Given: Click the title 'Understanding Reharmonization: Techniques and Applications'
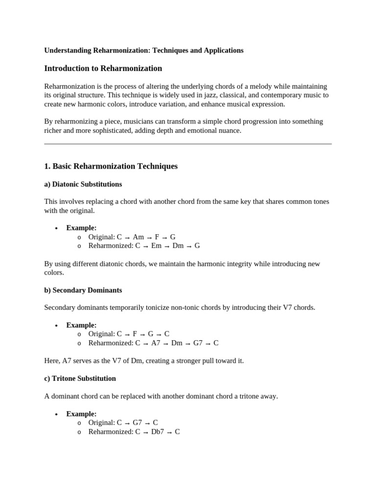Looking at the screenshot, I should (143, 50).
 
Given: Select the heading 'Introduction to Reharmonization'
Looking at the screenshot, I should (103, 68).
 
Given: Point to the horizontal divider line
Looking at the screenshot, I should (188, 144).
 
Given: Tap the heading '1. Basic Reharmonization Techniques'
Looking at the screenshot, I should (111, 166).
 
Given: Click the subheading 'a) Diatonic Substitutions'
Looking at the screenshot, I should (83, 184).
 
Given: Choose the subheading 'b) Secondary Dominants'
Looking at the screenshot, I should (83, 290).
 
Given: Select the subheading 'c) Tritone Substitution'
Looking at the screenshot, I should (80, 378).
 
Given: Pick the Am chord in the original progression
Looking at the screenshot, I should (138, 237).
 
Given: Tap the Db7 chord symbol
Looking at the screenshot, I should (159, 432).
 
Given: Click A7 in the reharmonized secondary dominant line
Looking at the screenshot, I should (156, 343).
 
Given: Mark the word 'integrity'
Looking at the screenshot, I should (237, 264).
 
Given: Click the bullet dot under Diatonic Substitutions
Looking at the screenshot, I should (57, 228).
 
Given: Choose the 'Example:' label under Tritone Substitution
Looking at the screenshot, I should (81, 414).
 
